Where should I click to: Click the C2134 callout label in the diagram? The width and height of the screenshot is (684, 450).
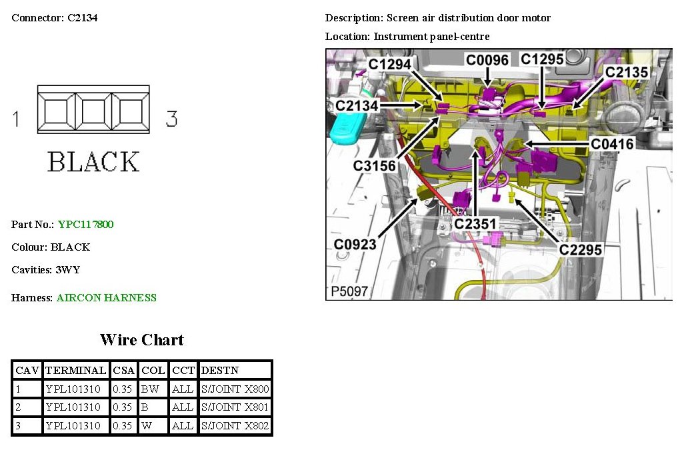coord(357,105)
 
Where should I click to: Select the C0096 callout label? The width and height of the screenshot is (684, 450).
coord(487,60)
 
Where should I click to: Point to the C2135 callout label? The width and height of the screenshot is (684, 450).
coord(626,71)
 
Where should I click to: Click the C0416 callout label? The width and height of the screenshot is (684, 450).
coord(613,143)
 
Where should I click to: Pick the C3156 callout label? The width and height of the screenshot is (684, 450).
coord(375,165)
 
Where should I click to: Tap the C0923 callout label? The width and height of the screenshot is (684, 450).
coord(355,245)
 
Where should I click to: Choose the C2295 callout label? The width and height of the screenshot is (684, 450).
coord(581,249)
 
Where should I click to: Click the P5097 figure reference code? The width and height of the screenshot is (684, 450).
coord(349,291)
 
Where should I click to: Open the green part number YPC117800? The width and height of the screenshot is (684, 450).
coord(85,225)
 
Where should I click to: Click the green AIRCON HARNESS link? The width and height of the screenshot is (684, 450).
coord(107,298)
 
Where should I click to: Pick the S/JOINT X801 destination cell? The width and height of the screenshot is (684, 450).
coord(235,407)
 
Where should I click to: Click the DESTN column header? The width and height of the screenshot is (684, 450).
coord(220,370)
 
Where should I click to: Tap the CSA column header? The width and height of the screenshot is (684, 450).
coord(123,370)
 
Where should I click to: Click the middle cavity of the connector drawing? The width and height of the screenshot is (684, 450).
coord(93,111)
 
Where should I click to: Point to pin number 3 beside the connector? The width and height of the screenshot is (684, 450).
coord(171,119)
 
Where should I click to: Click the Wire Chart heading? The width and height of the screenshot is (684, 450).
coord(142,340)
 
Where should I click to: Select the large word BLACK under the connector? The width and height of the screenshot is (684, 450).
coord(93,162)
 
